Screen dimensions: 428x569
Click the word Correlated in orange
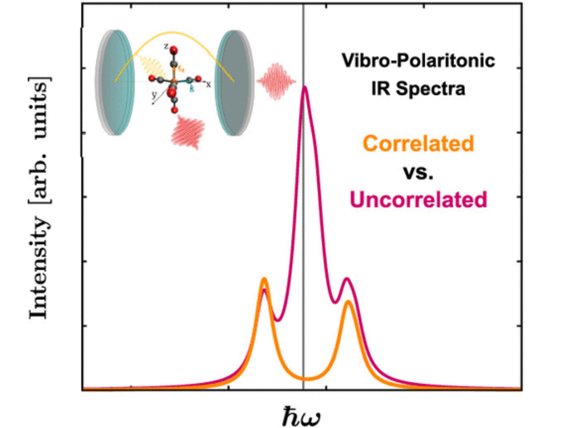(418, 144)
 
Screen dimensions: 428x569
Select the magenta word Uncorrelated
(418, 200)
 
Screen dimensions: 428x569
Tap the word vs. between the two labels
(418, 172)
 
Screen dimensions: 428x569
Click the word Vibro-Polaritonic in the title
(418, 61)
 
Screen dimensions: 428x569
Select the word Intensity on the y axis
(39, 267)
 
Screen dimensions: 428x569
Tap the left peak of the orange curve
(264, 279)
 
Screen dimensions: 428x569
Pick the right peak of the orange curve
(348, 302)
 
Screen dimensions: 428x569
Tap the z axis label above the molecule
(165, 46)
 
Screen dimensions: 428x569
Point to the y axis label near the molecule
(154, 95)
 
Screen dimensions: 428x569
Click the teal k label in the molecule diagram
(192, 88)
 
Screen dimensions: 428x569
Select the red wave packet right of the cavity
(277, 81)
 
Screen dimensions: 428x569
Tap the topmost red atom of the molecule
(174, 49)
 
